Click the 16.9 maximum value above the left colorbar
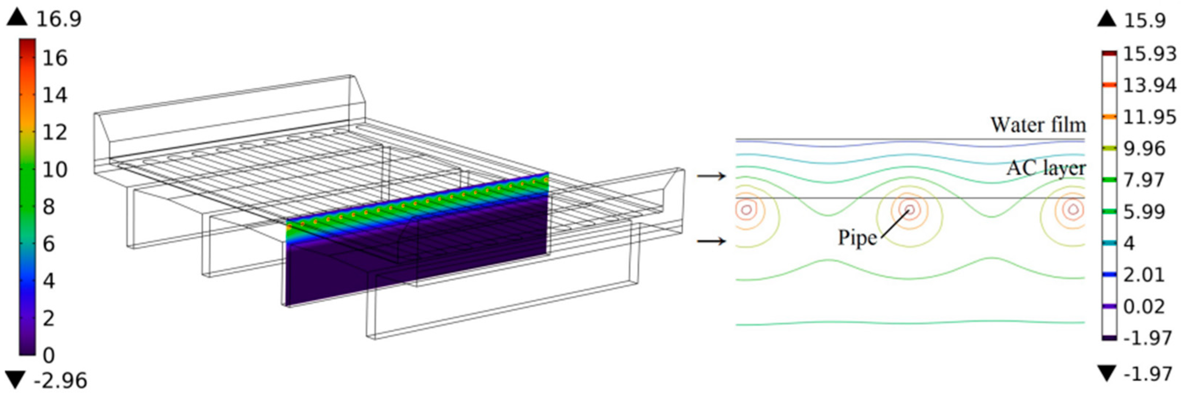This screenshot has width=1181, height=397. coord(59,19)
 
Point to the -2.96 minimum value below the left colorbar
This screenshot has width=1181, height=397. coord(60,381)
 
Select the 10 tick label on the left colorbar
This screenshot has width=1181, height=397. coord(55,170)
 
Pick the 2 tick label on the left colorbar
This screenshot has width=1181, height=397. coord(49,318)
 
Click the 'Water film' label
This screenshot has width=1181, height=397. coord(1038,125)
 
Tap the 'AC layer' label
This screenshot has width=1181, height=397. coord(1046,168)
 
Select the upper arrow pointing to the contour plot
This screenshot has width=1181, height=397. coord(711,176)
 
